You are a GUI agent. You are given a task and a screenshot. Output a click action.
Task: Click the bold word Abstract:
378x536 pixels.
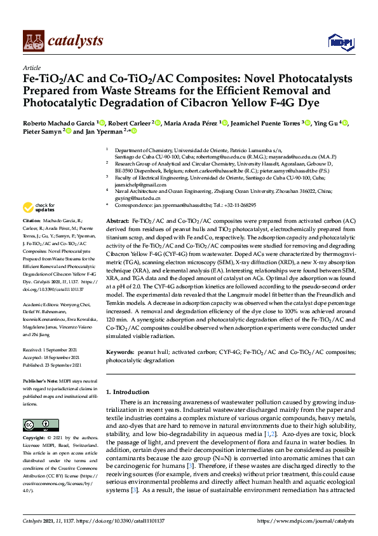[118, 220]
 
